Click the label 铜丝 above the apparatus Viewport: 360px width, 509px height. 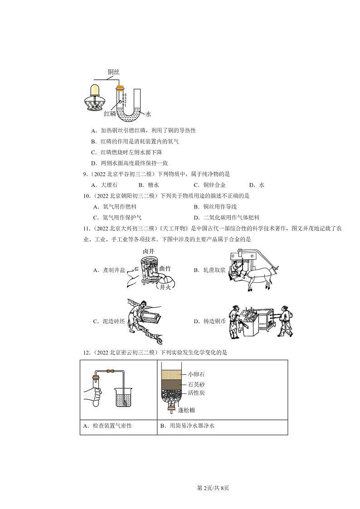113,72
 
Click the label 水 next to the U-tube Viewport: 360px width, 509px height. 147,115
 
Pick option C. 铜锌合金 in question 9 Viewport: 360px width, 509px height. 209,185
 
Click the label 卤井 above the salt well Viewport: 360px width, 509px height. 149,252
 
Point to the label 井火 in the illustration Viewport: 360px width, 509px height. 164,287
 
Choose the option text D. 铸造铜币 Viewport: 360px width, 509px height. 209,321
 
